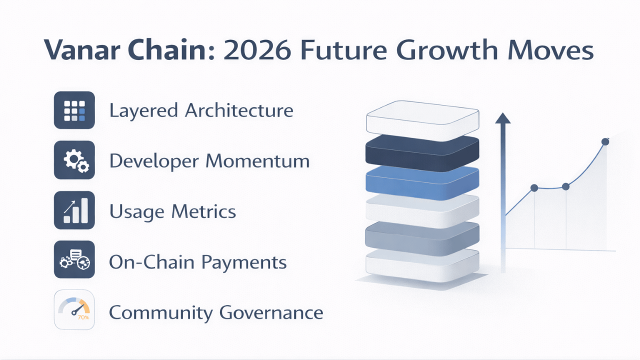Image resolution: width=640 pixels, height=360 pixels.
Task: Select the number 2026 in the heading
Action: point(257,50)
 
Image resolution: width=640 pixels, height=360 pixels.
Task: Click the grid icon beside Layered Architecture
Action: point(74,110)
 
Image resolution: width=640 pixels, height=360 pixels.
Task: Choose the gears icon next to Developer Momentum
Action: point(74,160)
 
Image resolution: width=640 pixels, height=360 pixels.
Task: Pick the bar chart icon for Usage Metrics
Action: point(74,210)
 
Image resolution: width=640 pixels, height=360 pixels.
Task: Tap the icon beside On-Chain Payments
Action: point(74,259)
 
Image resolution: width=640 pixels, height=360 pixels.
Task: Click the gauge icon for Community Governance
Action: point(74,309)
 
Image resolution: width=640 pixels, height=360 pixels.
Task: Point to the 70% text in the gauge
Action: point(83,317)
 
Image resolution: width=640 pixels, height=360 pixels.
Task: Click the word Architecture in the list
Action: point(239,110)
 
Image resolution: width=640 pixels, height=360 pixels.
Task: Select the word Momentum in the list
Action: point(257,161)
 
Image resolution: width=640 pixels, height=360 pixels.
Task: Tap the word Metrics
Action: point(203,211)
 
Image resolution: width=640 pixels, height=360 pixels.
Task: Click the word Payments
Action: point(243,262)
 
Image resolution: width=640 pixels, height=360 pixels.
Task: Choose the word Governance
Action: point(271,312)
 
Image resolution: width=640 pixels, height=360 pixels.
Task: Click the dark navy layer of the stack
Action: point(422,153)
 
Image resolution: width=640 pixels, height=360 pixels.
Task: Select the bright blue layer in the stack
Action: point(422,182)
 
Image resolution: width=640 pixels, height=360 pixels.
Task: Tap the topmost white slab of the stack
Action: point(423,120)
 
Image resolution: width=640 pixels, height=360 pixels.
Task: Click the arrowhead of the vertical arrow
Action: point(503,118)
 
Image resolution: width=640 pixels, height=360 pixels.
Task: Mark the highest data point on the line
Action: point(605,141)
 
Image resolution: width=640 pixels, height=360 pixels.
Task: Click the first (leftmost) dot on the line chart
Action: point(534,187)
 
